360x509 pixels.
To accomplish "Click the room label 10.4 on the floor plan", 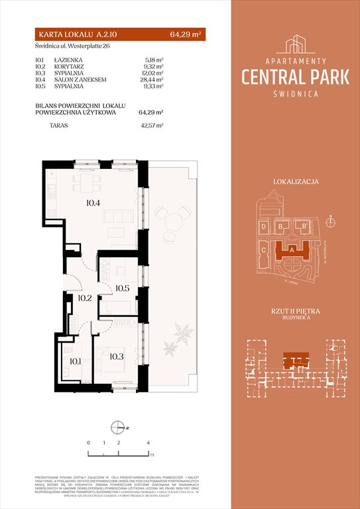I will [92, 203].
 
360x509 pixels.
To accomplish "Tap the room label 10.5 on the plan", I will [122, 288].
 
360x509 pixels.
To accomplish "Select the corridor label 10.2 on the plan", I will [84, 298].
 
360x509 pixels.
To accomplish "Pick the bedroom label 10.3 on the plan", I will [117, 357].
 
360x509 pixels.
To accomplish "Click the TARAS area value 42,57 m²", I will [154, 124].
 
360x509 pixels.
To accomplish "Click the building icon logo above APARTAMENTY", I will [295, 44].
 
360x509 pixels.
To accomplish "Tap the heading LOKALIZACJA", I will [295, 181].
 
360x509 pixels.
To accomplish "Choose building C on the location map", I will [263, 251].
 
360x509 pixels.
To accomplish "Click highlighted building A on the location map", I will [292, 251].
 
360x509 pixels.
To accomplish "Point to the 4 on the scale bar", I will [149, 441].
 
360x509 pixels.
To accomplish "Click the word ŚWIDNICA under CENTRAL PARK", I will [295, 93].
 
